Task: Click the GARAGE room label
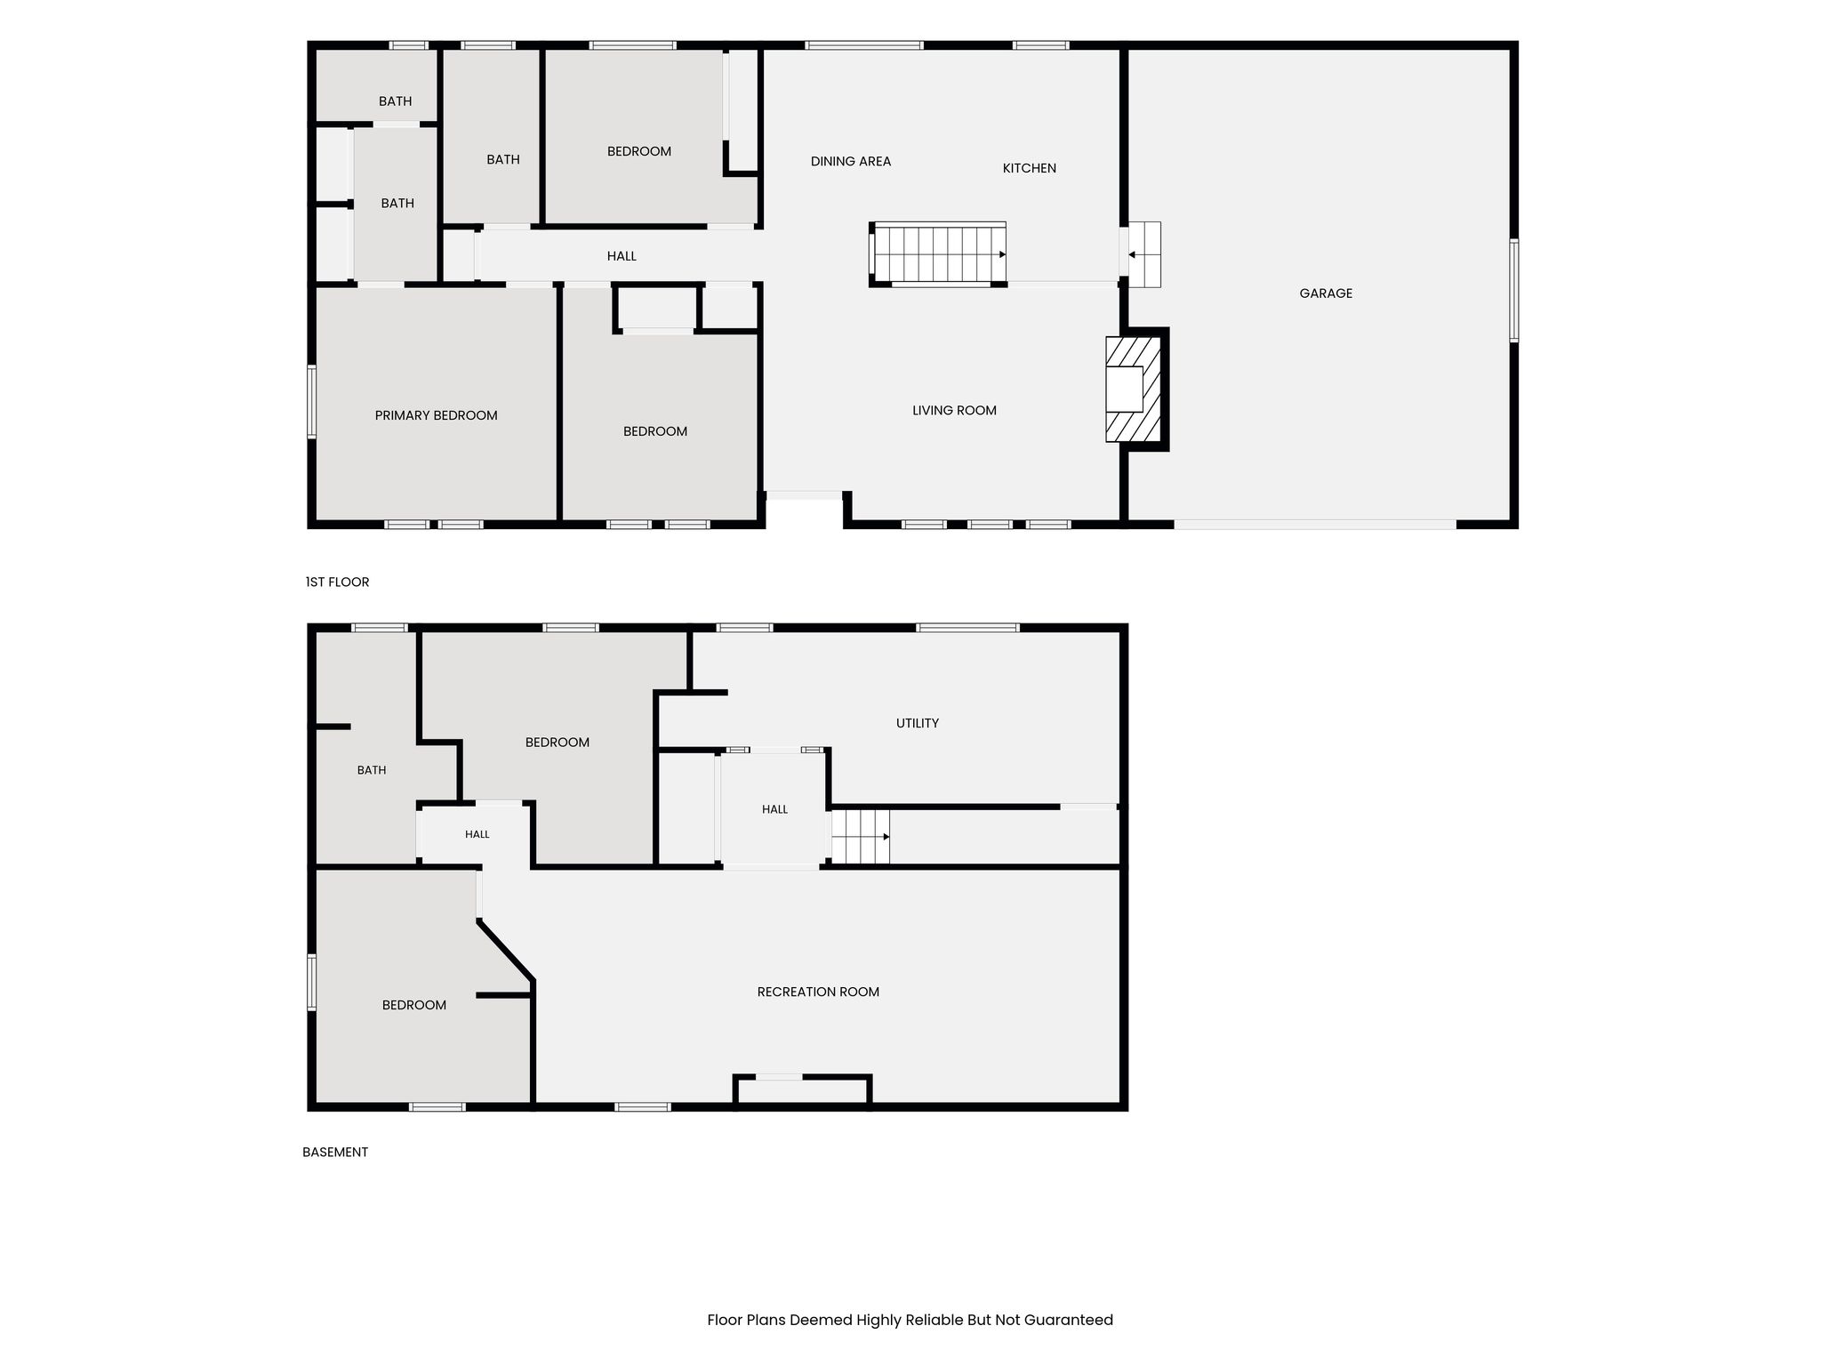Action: click(x=1325, y=293)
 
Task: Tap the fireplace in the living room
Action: click(x=1134, y=389)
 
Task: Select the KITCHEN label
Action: click(x=1029, y=168)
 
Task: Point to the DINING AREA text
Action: click(x=850, y=161)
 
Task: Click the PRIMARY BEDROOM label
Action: click(x=436, y=415)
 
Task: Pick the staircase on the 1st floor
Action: click(x=938, y=254)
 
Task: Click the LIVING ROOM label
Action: click(x=954, y=410)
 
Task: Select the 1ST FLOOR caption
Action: click(x=337, y=582)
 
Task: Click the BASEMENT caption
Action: click(x=335, y=1152)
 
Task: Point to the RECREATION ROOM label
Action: click(x=818, y=992)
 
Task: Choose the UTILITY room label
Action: click(x=917, y=723)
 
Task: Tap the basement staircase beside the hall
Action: click(x=861, y=836)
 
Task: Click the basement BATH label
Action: click(x=372, y=770)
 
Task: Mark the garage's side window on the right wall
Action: click(x=1513, y=290)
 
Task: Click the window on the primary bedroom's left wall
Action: click(x=312, y=402)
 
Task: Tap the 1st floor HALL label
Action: click(x=622, y=256)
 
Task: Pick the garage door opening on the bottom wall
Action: click(x=1315, y=525)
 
